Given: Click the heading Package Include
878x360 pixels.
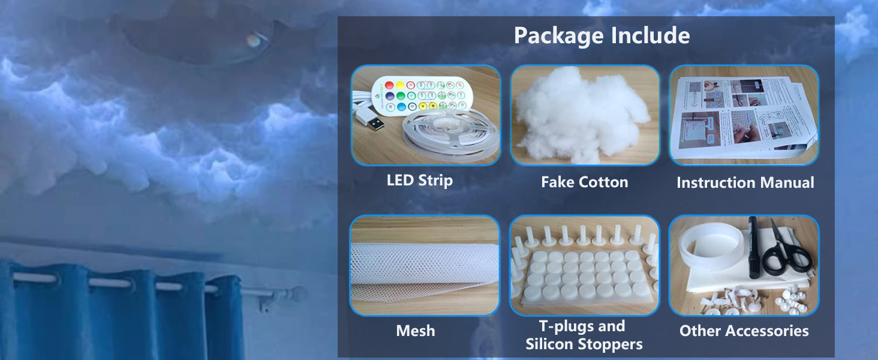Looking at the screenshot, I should [602, 35].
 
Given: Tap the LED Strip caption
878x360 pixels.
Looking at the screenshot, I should [419, 180].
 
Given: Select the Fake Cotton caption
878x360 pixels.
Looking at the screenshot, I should [584, 182].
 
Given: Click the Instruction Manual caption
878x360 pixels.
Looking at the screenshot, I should [745, 182].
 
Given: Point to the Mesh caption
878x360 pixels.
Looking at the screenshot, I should [416, 330].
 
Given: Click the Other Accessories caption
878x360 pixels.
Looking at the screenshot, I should [744, 330].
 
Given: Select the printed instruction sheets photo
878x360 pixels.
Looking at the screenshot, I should [744, 114].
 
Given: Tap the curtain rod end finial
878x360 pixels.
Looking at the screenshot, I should [296, 295].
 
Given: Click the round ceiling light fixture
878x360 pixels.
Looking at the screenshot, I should [198, 36].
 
